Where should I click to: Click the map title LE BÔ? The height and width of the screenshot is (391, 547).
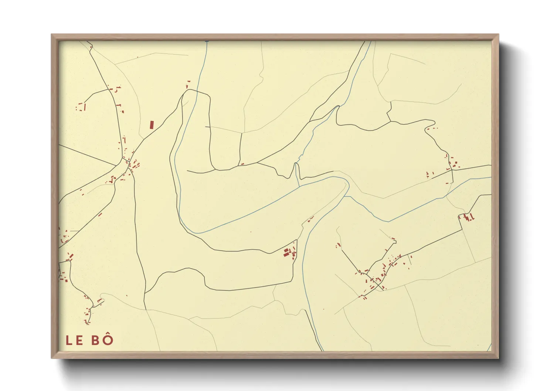(89, 340)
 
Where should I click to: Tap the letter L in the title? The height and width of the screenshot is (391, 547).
(69, 340)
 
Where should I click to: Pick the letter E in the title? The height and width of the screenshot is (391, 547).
(79, 340)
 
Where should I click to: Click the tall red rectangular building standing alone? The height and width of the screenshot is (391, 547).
(152, 125)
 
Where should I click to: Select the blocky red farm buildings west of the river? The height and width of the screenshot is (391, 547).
(289, 253)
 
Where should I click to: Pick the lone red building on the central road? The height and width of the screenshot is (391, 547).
(242, 164)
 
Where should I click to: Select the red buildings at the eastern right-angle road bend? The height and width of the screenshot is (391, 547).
(468, 217)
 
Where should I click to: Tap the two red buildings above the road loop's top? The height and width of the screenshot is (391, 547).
(188, 84)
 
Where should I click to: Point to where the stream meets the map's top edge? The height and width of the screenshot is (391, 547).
(206, 41)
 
